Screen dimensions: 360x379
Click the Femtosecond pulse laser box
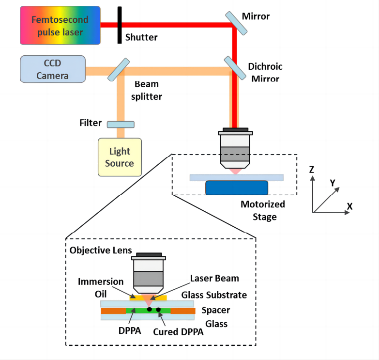click(x=60, y=26)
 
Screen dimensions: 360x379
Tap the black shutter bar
click(x=119, y=24)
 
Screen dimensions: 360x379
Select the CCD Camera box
click(x=53, y=69)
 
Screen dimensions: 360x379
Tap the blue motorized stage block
click(x=237, y=188)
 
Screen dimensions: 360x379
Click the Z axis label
click(x=312, y=170)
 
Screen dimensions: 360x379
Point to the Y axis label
click(x=333, y=183)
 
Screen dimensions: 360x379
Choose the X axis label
click(x=349, y=207)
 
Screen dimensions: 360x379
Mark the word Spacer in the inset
click(x=215, y=310)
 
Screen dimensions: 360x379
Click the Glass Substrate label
click(x=214, y=295)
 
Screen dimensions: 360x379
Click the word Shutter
click(x=141, y=37)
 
